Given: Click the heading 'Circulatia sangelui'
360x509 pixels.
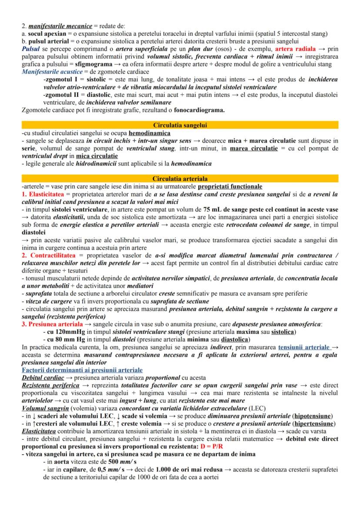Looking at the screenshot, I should (x=180, y=125).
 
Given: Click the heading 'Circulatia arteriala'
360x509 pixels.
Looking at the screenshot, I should (x=180, y=179).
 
